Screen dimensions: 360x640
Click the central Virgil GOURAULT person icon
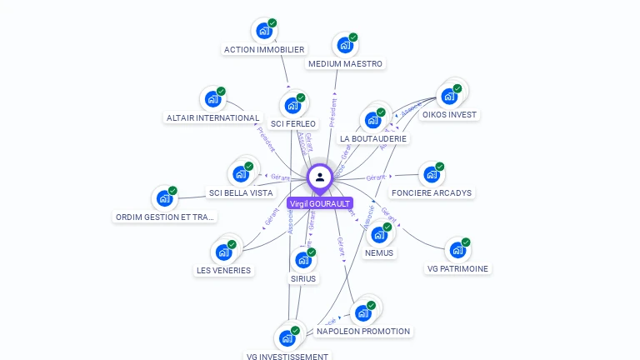click(320, 177)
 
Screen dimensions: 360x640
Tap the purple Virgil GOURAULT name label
click(320, 203)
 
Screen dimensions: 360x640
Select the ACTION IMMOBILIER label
click(264, 49)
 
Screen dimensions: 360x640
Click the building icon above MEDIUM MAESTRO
click(343, 46)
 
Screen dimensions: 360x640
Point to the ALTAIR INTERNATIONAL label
click(212, 117)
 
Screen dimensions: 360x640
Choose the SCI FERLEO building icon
click(292, 106)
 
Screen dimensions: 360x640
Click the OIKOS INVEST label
click(450, 115)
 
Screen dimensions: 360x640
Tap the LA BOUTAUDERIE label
click(373, 138)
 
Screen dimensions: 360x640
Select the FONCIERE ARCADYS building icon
click(430, 175)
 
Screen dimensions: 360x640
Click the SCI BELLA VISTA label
click(241, 192)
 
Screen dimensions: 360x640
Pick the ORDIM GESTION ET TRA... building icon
click(163, 199)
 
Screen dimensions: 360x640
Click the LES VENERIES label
click(223, 270)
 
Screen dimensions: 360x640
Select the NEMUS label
click(379, 252)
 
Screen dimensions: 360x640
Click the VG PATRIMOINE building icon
click(457, 250)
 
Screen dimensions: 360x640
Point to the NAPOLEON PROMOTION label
click(363, 331)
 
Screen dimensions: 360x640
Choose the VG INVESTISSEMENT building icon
click(287, 338)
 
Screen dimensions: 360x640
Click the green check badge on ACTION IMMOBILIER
click(272, 23)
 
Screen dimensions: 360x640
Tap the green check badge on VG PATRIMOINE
click(466, 242)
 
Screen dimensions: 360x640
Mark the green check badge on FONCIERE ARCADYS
click(439, 167)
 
